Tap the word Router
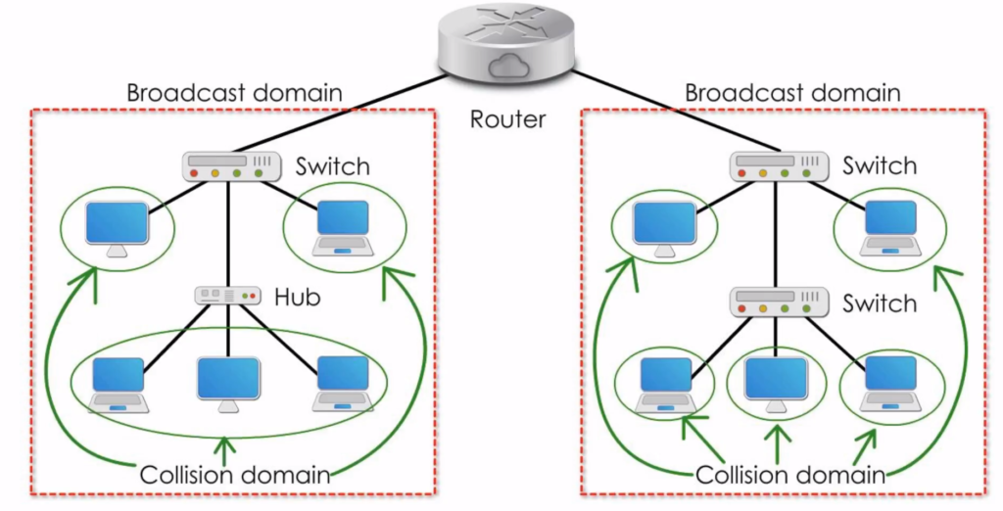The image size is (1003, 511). [x=507, y=120]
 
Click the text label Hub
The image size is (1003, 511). [x=297, y=296]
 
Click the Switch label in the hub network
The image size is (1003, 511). [x=333, y=166]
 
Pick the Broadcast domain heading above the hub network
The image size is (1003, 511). [x=234, y=93]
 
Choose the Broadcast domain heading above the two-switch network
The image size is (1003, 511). [x=791, y=93]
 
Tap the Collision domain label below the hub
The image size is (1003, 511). [x=235, y=476]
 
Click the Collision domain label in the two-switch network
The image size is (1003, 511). [x=790, y=476]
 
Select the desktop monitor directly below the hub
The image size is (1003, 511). [x=228, y=381]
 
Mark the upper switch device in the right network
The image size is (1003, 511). [x=776, y=166]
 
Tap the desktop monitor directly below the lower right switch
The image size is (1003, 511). [x=776, y=381]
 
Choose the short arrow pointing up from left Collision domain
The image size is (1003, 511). [x=227, y=448]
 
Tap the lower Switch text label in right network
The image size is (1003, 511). [x=880, y=303]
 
